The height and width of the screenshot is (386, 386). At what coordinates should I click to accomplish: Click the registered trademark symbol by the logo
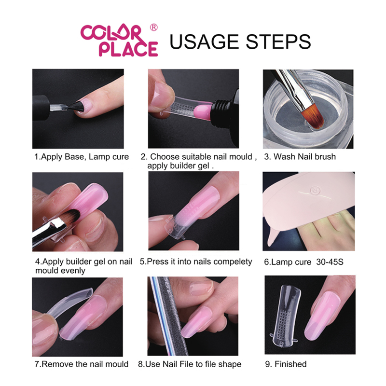tap(154, 28)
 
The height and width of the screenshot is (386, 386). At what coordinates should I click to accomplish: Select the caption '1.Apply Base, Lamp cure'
tap(81, 157)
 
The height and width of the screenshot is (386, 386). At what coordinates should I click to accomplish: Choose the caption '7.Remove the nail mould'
tap(81, 364)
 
